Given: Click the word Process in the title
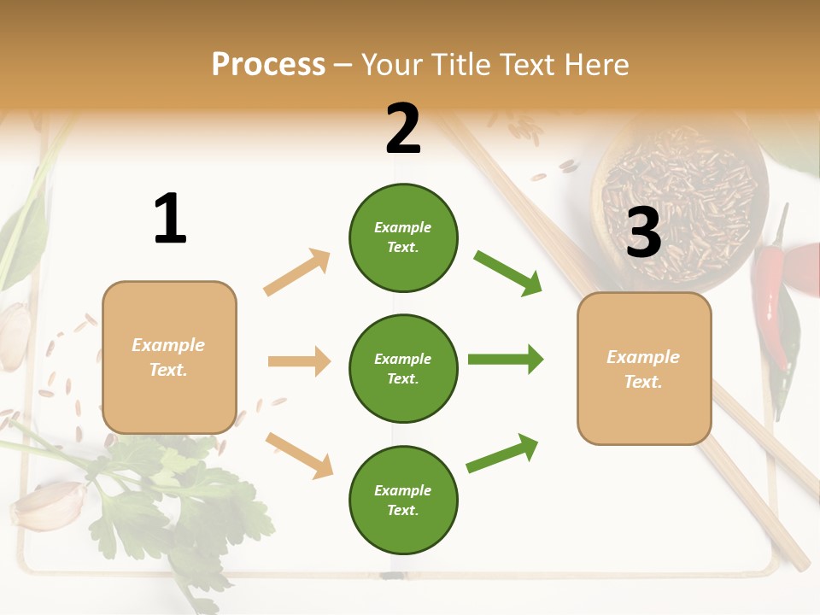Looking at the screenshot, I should [268, 65].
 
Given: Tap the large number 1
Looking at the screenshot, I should [170, 219].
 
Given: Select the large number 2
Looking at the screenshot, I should [403, 129].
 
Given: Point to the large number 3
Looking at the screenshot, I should [643, 233].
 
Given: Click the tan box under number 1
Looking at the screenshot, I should [169, 357].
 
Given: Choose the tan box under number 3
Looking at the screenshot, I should [644, 368].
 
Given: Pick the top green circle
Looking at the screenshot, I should [403, 237].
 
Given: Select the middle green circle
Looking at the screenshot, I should [403, 368].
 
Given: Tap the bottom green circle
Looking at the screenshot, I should [403, 500].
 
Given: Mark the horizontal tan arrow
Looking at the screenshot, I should [299, 361].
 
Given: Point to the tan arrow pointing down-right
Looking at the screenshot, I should [299, 455].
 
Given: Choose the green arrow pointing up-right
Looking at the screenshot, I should [502, 454].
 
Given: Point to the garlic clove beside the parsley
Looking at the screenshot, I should [50, 506].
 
